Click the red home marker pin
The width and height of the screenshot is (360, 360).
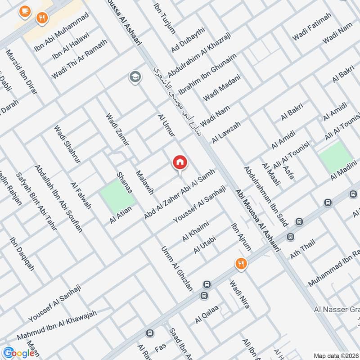180,163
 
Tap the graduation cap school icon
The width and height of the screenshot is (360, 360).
134,77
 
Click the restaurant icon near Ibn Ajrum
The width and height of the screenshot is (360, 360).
241,264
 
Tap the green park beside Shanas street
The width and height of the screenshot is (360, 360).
117,195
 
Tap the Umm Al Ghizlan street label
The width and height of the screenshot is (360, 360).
176,269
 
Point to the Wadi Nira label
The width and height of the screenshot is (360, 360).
239,294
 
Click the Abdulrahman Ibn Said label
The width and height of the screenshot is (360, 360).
260,190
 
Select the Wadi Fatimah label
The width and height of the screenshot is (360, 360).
311,27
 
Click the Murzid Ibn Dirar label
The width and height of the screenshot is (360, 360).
22,73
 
